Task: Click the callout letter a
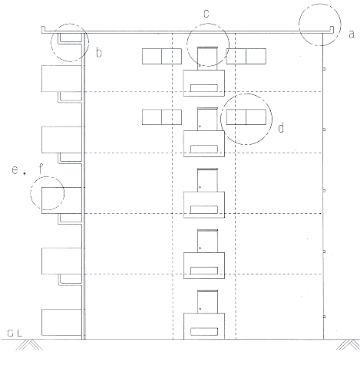click(x=352, y=34)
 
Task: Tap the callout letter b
click(x=99, y=53)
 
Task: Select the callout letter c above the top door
click(x=206, y=14)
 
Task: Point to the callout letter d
click(x=281, y=127)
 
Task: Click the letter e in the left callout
click(x=15, y=170)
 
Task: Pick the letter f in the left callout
click(x=41, y=169)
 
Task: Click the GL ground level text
click(x=15, y=333)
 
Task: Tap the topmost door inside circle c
click(x=207, y=58)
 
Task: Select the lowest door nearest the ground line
click(x=207, y=301)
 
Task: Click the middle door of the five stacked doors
click(x=207, y=180)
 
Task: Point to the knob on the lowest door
click(x=200, y=309)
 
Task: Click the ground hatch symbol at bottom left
click(x=29, y=344)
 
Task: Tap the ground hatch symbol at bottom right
click(x=348, y=344)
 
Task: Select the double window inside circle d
click(x=246, y=117)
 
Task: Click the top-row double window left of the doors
click(x=162, y=56)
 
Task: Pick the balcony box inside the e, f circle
click(x=61, y=200)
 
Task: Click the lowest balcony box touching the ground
click(x=61, y=322)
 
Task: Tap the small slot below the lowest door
click(x=204, y=331)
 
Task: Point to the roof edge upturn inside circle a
click(x=332, y=29)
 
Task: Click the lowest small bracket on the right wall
click(x=325, y=317)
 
